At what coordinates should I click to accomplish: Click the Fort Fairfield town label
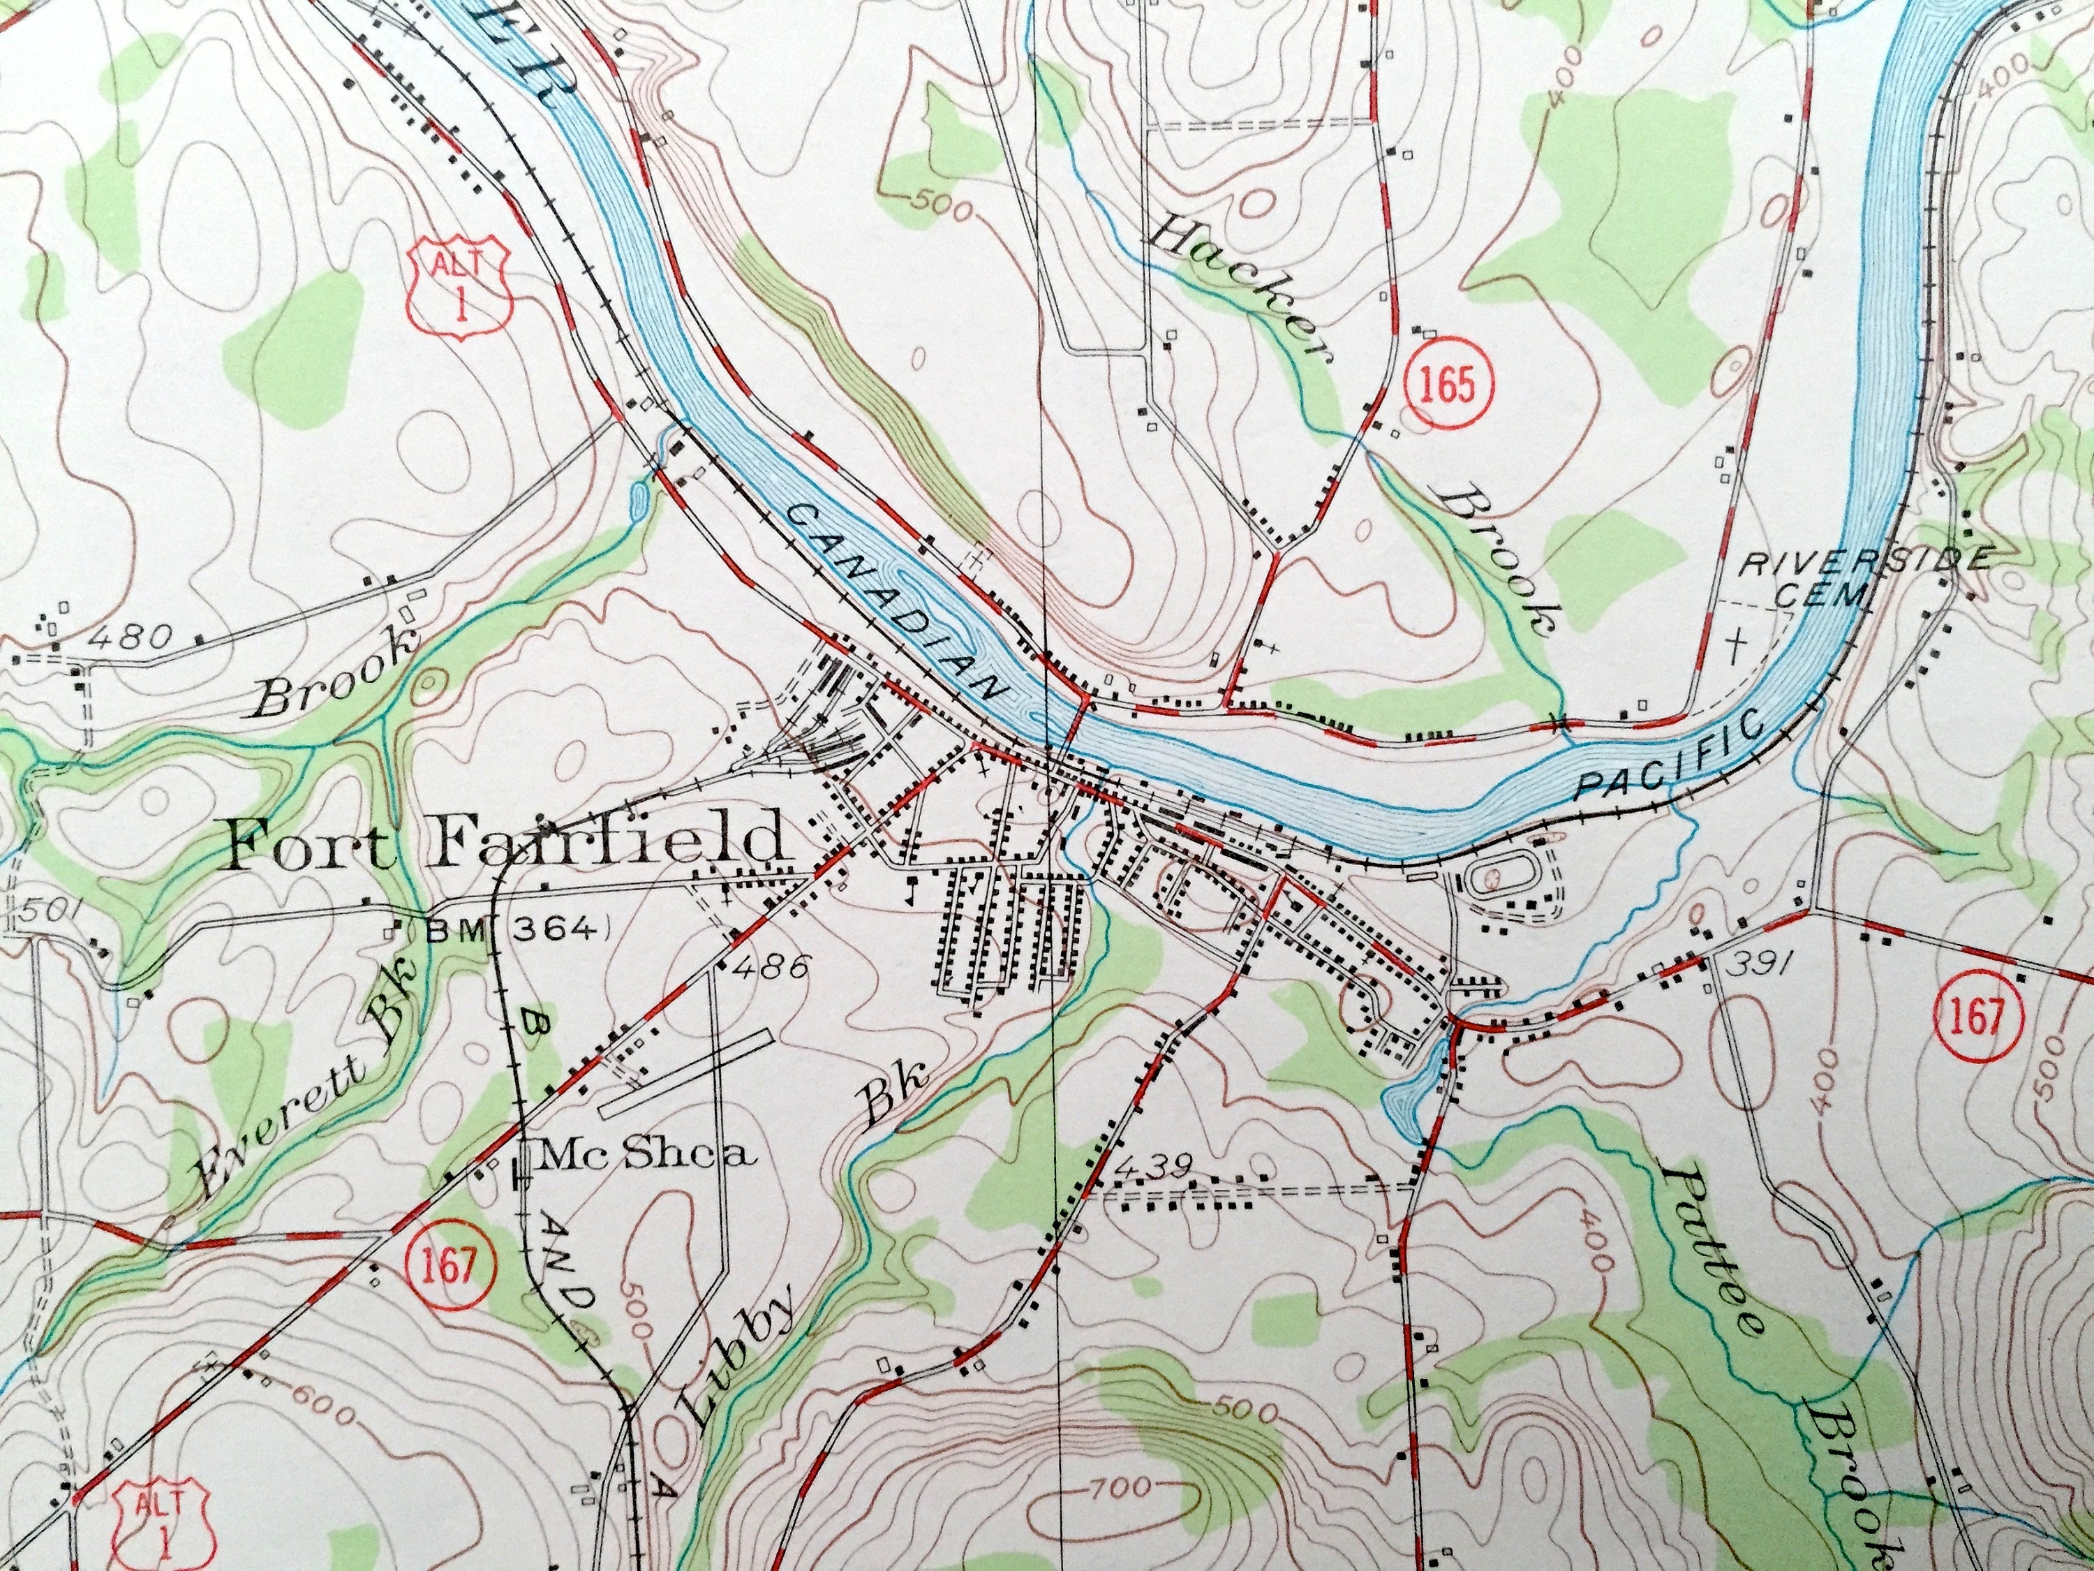(507, 841)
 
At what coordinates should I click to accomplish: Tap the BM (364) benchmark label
(513, 930)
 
